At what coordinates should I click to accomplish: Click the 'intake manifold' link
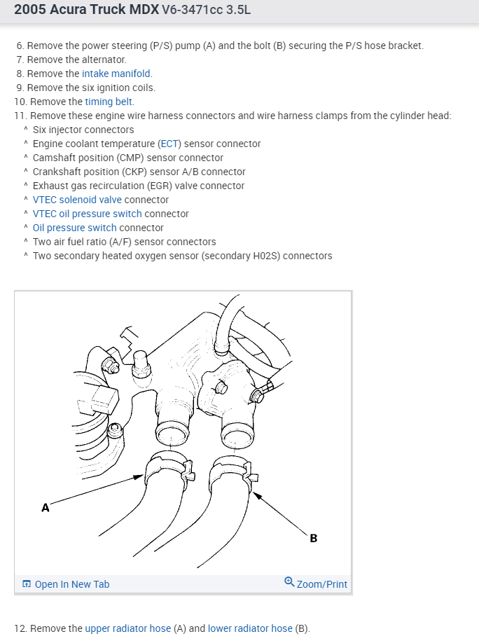[116, 74]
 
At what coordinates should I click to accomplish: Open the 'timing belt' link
[109, 102]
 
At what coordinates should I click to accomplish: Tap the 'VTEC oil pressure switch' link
[87, 214]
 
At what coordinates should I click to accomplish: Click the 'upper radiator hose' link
[127, 628]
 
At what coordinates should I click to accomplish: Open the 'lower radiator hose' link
[250, 628]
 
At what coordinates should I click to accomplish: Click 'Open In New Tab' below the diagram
[71, 584]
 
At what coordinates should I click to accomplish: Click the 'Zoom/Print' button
[321, 584]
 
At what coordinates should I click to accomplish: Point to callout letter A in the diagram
[46, 508]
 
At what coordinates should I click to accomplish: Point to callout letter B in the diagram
[313, 538]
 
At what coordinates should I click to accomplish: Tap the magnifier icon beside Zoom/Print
[289, 583]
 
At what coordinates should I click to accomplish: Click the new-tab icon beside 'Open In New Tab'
[27, 584]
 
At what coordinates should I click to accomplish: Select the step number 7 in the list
[20, 60]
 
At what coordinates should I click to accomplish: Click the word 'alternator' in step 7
[103, 60]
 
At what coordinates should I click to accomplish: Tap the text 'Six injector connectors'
[83, 130]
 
